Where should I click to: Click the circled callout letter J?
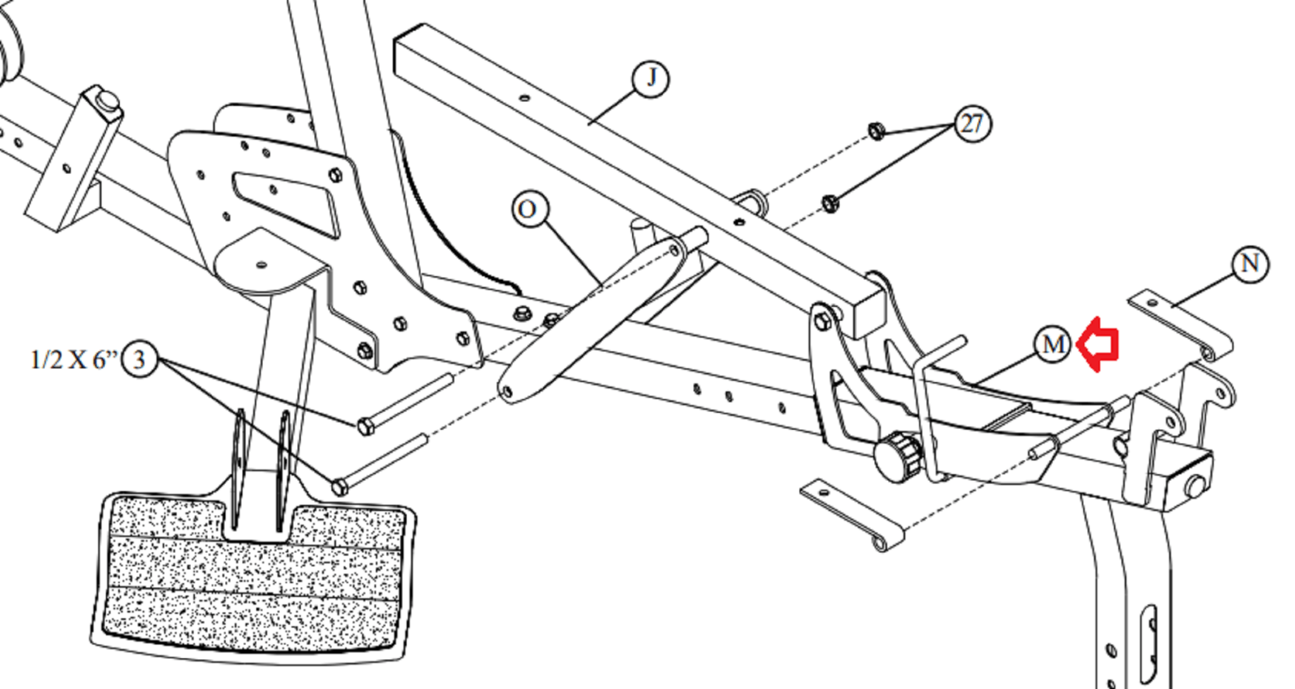pos(651,78)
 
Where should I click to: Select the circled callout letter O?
pos(529,209)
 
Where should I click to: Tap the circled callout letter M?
pos(1051,344)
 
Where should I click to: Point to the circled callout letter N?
pos(1250,264)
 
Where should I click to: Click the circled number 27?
pos(972,124)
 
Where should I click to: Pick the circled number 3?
pos(138,359)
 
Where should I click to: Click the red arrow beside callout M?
pos(1098,344)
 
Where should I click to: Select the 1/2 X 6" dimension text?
pos(74,359)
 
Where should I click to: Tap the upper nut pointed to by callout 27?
pos(877,131)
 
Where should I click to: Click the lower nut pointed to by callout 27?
pos(830,203)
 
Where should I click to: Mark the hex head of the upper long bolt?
pos(365,427)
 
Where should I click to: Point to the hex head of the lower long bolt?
pos(340,487)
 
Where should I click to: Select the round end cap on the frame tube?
pos(1195,485)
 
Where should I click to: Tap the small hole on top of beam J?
pos(524,98)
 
